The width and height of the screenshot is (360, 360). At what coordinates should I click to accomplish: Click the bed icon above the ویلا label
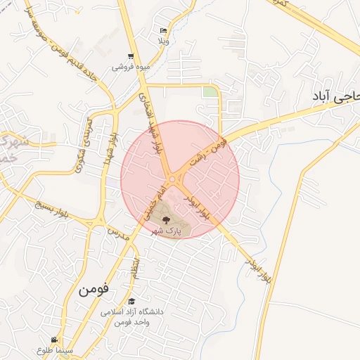164,31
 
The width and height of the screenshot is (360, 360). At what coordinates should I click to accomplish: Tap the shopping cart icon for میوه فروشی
131,57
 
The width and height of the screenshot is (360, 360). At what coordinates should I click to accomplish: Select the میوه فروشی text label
129,68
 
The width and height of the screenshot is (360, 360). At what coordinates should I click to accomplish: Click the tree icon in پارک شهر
166,219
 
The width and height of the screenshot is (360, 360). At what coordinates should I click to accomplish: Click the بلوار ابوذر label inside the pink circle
197,207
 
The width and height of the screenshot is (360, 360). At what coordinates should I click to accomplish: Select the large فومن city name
94,288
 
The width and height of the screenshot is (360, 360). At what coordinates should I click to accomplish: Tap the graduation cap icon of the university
131,300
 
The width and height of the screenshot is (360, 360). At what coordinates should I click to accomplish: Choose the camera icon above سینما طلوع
54,340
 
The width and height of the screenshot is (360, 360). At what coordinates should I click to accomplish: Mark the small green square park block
210,91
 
